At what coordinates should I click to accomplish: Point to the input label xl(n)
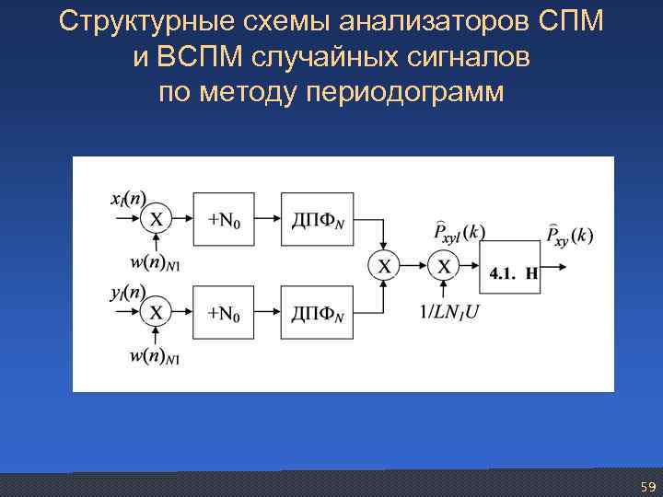coord(127,198)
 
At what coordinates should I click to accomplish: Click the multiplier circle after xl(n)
coord(157,219)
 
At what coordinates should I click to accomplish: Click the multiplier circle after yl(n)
coord(157,313)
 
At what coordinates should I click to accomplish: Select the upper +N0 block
coord(223,219)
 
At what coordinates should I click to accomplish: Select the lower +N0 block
coord(223,313)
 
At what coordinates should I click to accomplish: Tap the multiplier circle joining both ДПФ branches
coord(384,266)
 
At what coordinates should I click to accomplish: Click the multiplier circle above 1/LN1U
coord(444,266)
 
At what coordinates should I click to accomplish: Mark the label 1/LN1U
coord(451,311)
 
